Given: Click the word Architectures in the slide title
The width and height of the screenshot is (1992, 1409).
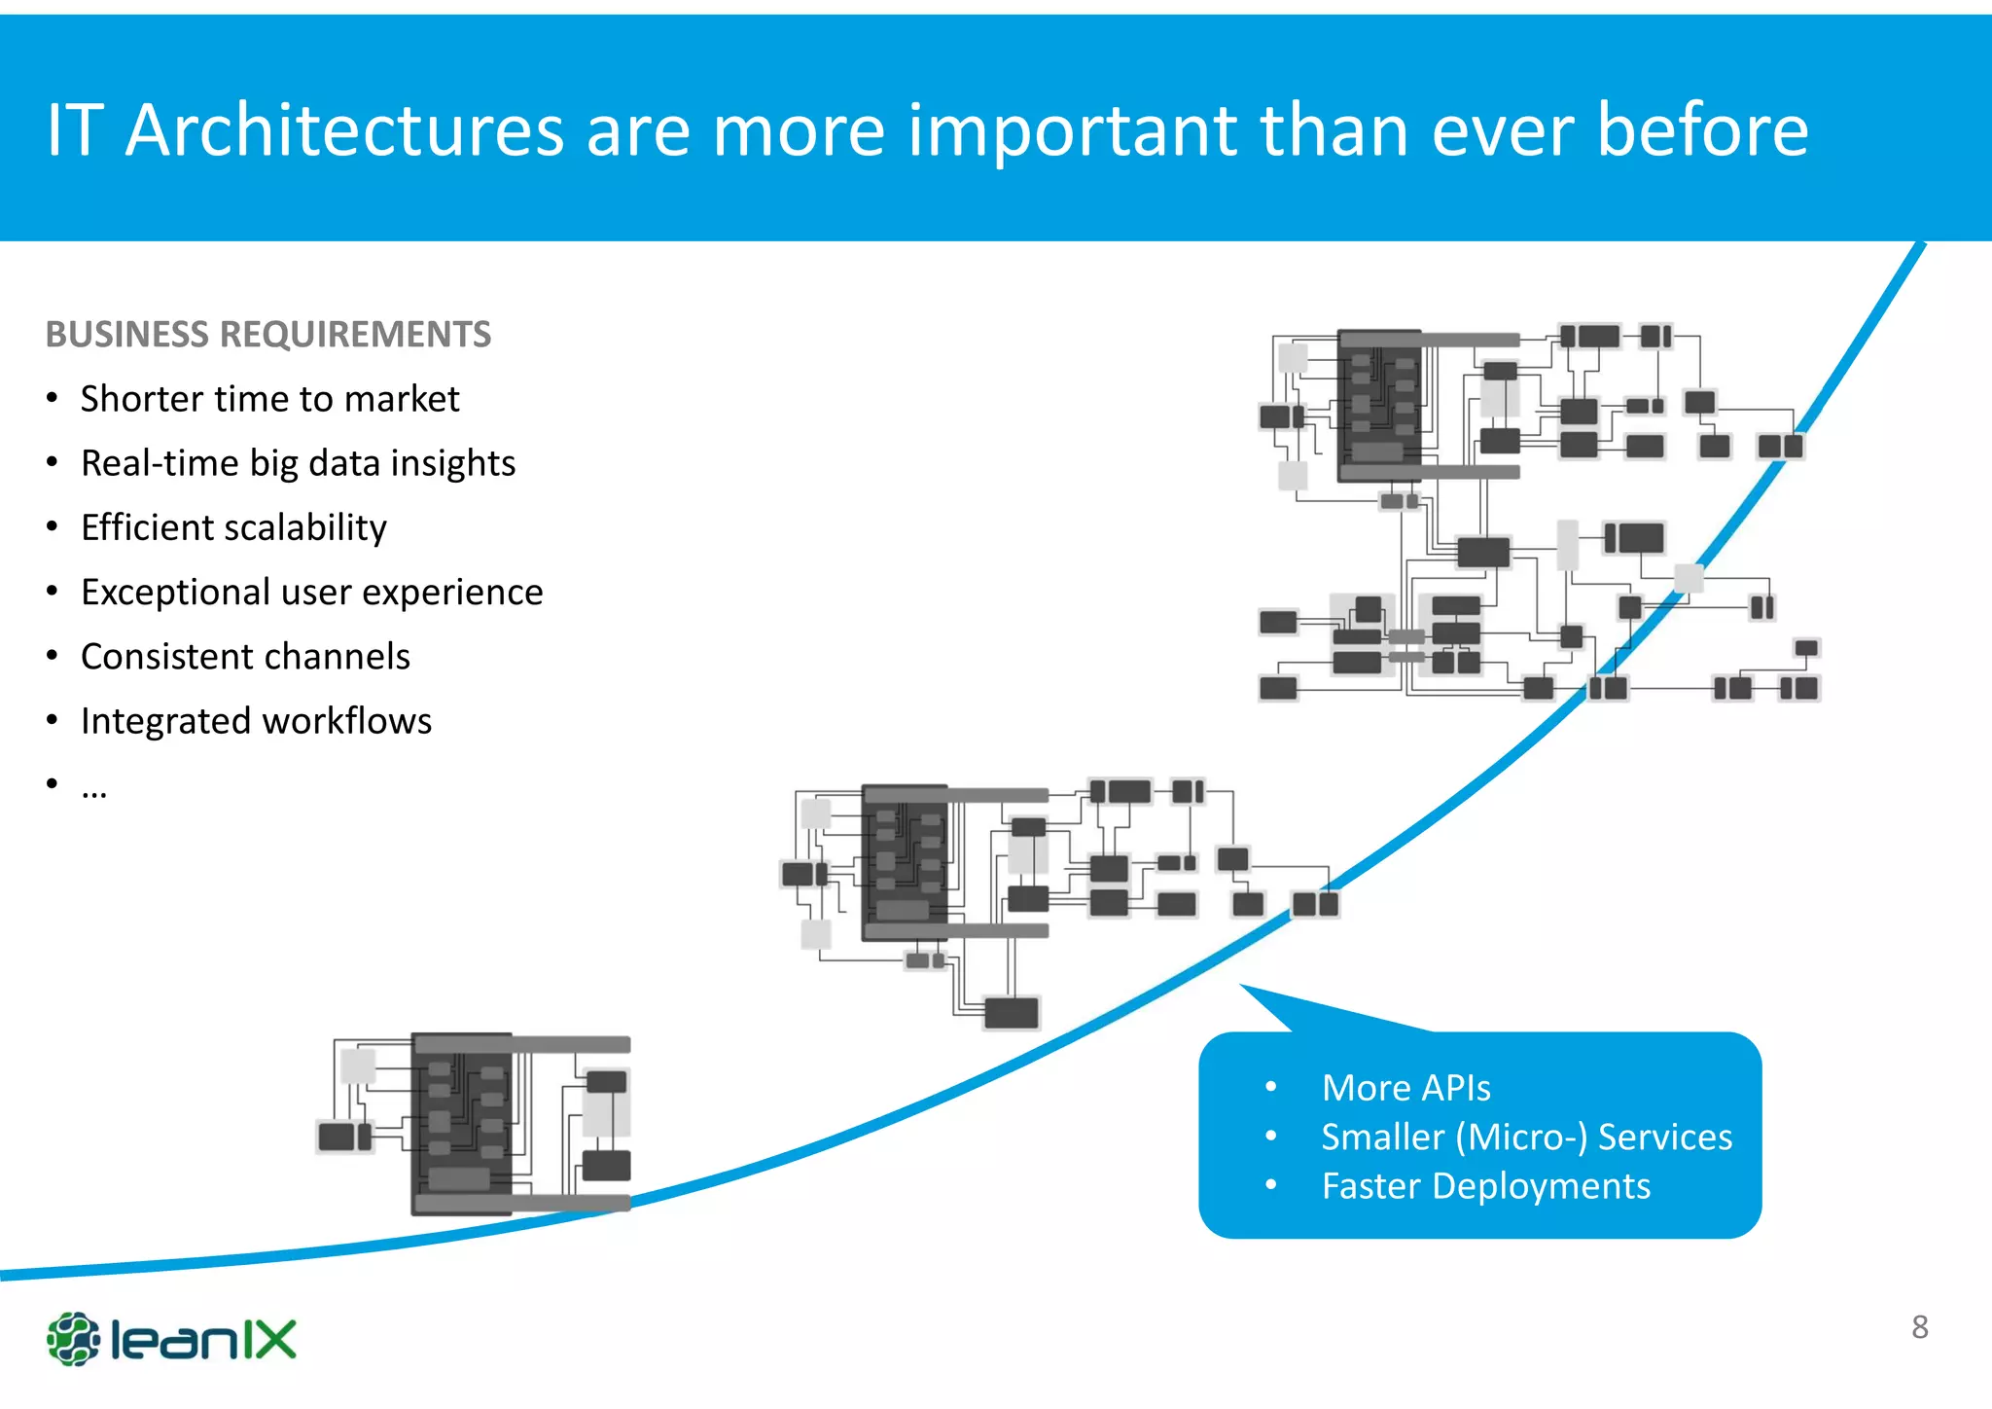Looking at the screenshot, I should click(x=344, y=130).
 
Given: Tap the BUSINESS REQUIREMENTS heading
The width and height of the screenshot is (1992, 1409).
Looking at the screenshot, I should click(x=268, y=335).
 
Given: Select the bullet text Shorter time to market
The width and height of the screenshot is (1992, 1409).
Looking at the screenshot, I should click(x=269, y=399).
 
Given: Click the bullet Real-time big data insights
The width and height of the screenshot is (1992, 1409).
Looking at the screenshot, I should click(x=298, y=463).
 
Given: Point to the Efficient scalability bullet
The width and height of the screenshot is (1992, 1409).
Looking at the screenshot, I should click(x=233, y=527).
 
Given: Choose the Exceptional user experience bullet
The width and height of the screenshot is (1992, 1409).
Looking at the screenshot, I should click(x=311, y=592).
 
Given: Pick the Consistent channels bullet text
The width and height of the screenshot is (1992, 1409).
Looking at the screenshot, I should click(x=245, y=657).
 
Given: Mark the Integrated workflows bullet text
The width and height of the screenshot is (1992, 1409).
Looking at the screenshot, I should click(x=256, y=721).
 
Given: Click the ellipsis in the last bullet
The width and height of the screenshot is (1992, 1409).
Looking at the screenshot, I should click(x=94, y=788).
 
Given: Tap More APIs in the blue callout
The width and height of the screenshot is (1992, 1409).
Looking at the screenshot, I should click(x=1405, y=1088).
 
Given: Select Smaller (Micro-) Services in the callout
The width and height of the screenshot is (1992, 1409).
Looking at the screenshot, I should click(x=1526, y=1137).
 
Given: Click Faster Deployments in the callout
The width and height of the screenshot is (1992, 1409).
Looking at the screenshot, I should click(x=1485, y=1186).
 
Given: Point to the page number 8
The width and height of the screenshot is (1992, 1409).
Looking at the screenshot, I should click(x=1919, y=1327).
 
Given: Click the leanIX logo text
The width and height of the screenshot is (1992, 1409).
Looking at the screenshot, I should click(x=203, y=1340).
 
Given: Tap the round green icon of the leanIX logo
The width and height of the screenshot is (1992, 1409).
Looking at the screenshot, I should click(x=73, y=1339).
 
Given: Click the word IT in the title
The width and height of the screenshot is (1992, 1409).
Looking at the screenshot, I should click(x=74, y=130).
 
